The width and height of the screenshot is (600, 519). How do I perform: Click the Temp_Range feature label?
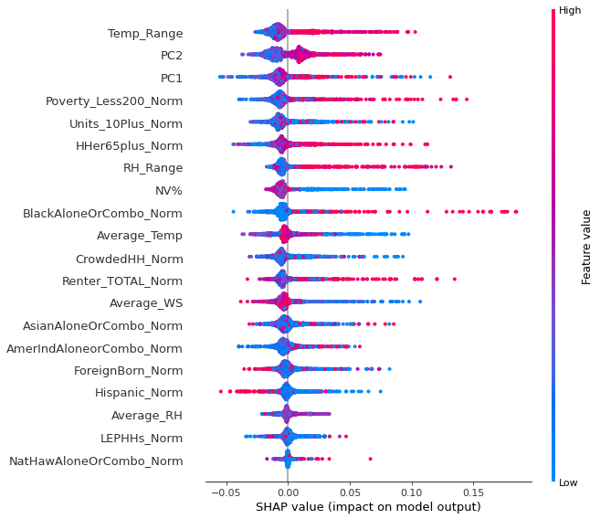pos(145,34)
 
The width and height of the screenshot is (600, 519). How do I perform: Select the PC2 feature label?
pos(171,56)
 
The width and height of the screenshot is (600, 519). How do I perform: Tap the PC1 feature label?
pos(171,79)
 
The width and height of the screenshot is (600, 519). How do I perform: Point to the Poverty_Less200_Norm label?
pos(114,101)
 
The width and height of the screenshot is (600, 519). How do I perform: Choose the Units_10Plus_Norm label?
pos(126,123)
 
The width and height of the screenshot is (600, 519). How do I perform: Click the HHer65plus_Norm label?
pos(129,145)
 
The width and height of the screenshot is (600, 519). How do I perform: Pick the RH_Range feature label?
pos(153,168)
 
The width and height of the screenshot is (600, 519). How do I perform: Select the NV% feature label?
pos(168,190)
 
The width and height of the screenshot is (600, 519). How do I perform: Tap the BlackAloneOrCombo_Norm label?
pos(102,213)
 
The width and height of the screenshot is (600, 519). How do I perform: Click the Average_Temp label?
pos(139,236)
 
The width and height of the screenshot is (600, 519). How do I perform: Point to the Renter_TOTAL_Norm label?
pos(122,281)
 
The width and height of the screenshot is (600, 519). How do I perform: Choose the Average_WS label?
pos(145,302)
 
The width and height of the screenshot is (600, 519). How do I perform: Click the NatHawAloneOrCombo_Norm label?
pos(96,461)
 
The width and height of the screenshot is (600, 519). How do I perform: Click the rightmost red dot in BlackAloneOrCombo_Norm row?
pos(516,212)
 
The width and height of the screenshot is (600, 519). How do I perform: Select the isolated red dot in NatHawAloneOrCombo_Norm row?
pos(370,459)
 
